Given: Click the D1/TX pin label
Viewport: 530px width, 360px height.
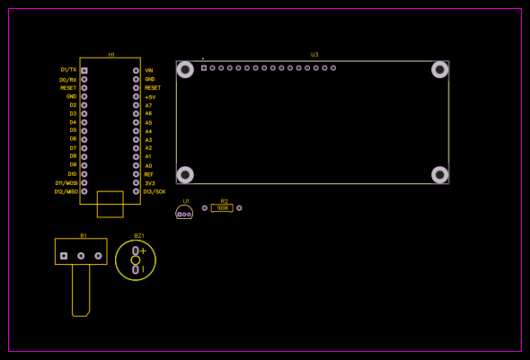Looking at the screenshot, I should click(68, 70).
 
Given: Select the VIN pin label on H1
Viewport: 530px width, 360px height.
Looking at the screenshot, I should click(149, 70).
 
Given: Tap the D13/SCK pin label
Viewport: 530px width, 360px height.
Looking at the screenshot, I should click(155, 191).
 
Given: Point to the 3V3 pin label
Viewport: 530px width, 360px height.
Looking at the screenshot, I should click(149, 182).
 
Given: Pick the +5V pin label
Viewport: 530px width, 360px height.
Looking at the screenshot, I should click(150, 96).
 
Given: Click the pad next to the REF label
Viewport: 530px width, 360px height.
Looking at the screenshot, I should click(136, 174).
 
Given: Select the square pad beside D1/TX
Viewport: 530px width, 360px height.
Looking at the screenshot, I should click(84, 70).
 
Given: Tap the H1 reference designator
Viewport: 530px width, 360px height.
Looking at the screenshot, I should click(111, 55).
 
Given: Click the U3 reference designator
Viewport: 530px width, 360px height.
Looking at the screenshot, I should click(314, 55).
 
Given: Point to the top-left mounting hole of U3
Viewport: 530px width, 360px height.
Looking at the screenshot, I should click(185, 69).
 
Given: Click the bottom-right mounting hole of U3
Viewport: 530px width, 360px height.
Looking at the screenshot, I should click(440, 174).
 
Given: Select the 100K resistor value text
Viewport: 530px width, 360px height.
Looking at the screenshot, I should click(223, 208).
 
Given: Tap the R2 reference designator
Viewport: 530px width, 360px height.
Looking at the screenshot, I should click(224, 201).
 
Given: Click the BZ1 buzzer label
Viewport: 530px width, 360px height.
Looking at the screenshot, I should click(139, 235).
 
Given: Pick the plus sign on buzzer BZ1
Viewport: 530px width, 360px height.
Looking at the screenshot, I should click(143, 250).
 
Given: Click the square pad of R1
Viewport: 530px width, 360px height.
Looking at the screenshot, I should click(64, 256).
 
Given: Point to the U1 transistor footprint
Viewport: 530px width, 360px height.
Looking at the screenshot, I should click(184, 213).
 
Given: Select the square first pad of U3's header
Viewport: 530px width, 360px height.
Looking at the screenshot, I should click(204, 68).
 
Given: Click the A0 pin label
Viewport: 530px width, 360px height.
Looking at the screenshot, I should click(148, 165).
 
